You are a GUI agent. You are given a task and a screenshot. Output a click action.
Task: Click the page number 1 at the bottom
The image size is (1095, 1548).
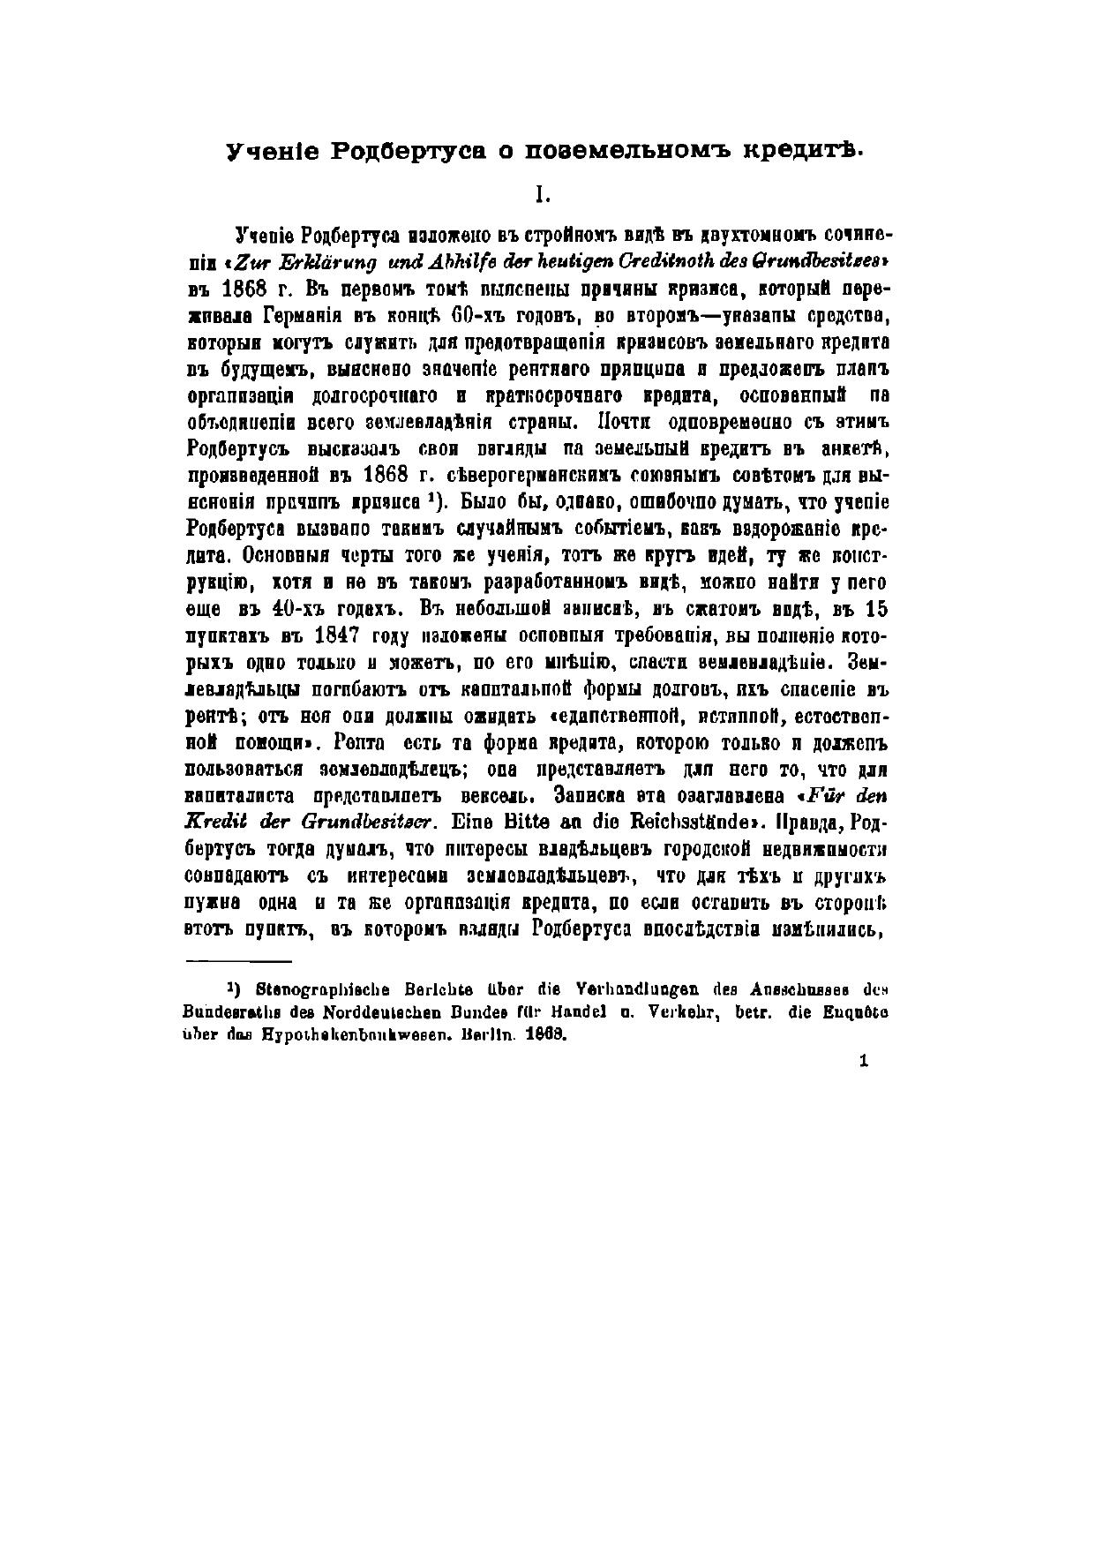click(x=863, y=1062)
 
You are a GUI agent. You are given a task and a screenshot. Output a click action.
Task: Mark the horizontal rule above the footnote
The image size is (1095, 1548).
click(x=238, y=961)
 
